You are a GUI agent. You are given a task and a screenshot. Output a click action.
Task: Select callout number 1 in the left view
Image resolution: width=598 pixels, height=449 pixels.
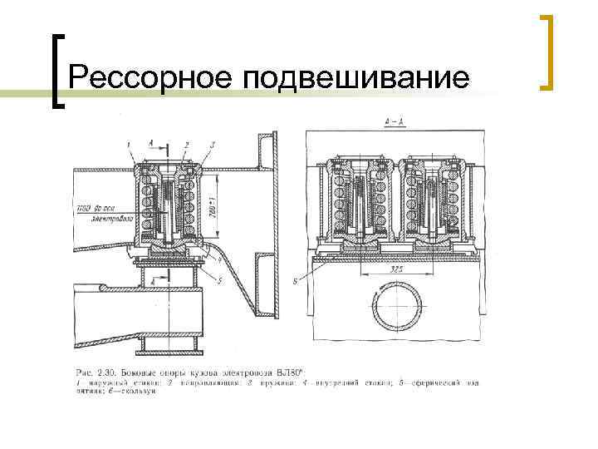[x=130, y=145]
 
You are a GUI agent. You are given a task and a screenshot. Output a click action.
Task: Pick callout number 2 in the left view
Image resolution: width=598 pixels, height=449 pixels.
[x=187, y=146]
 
